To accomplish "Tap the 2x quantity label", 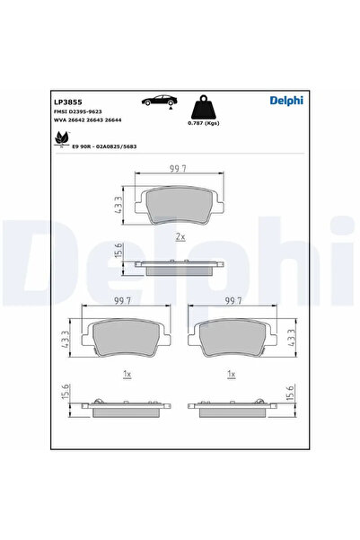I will pyautogui.click(x=180, y=236).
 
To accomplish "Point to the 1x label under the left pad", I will pyautogui.click(x=127, y=372).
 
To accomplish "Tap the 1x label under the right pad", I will pyautogui.click(x=232, y=372).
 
